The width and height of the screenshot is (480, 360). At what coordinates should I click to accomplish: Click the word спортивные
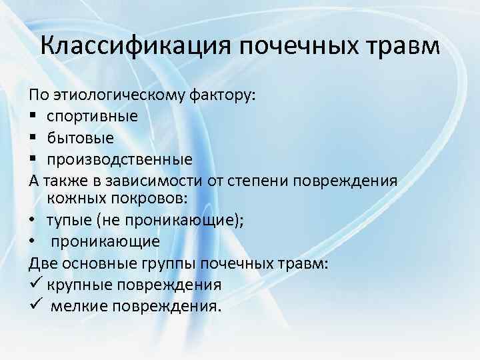point(93,116)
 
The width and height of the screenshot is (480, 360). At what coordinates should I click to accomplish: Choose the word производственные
point(119,159)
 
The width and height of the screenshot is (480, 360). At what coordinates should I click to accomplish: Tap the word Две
point(45,263)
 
